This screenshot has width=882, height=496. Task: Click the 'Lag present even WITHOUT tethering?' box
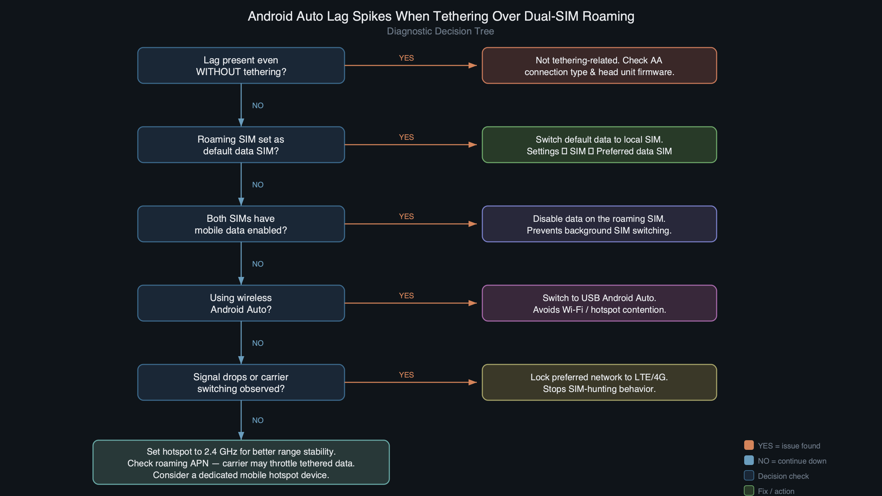[x=241, y=65]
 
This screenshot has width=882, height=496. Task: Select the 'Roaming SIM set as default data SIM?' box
[x=241, y=145]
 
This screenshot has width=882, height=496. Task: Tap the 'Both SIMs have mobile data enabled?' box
[x=241, y=224]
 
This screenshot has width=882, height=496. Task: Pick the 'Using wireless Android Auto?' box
[x=241, y=303]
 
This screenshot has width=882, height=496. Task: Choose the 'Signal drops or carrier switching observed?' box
[x=241, y=382]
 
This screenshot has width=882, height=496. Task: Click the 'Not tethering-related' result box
[x=599, y=65]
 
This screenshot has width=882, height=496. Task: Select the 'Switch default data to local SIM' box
[x=599, y=145]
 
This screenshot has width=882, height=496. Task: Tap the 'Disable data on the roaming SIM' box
[x=599, y=224]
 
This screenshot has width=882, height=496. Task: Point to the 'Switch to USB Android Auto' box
[x=599, y=303]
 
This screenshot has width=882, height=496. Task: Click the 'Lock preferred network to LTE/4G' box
[x=599, y=382]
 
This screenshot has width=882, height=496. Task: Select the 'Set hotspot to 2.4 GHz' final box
[x=241, y=462]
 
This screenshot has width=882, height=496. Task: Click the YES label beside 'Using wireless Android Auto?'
[x=406, y=296]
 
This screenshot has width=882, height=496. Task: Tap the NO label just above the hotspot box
[x=258, y=420]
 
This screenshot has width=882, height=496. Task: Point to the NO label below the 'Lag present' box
[x=258, y=105]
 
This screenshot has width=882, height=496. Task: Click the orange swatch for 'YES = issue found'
[x=749, y=445]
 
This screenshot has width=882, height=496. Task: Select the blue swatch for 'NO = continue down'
[x=749, y=460]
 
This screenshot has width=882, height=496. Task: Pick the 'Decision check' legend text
[x=783, y=476]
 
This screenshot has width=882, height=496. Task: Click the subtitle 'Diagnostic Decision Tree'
[x=440, y=31]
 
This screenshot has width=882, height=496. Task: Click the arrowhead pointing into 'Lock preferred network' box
[x=473, y=382]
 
